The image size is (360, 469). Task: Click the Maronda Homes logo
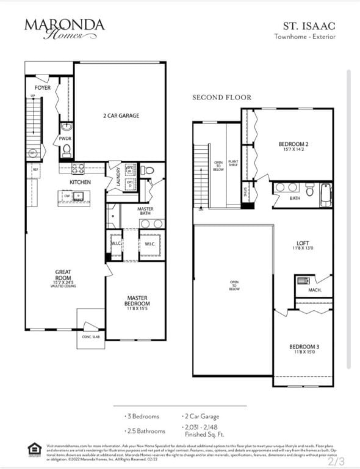coord(64,28)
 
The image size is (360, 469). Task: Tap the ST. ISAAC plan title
coord(308,26)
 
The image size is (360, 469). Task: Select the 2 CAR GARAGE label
coord(120,115)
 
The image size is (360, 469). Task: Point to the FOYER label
coord(43,88)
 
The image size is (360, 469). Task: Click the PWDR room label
coord(65,139)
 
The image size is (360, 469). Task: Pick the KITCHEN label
coord(81,182)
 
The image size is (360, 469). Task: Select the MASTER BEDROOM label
coord(137,301)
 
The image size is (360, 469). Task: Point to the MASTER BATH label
coord(145,211)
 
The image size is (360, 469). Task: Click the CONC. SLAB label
coord(91,336)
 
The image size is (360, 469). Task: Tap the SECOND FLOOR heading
coord(221,97)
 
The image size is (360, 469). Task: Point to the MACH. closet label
coord(315,289)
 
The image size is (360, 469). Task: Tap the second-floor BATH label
coord(295,198)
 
